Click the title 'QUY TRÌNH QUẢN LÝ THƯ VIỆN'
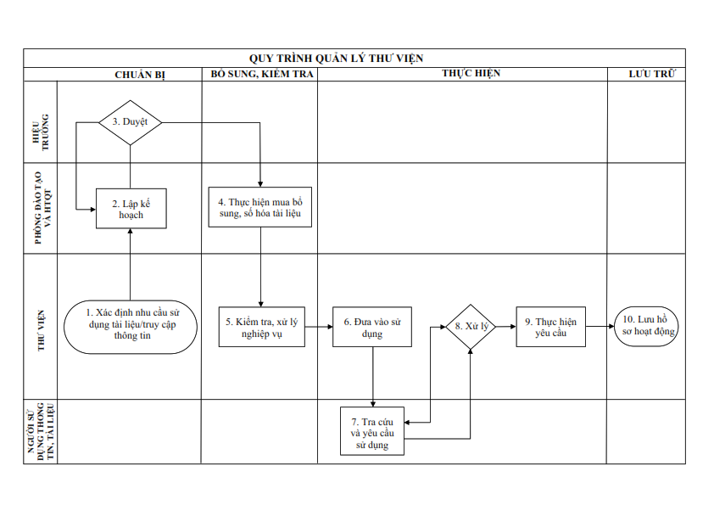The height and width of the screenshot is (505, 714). [336, 59]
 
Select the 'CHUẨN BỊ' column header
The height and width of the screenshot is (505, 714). [140, 75]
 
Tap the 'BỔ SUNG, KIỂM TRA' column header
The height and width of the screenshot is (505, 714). [262, 74]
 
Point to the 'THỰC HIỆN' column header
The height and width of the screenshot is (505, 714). [471, 73]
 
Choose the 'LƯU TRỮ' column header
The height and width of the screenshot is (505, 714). [652, 74]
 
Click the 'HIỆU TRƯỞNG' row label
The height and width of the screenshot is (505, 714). [41, 132]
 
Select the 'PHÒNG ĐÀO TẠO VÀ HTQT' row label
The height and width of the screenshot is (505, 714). [44, 208]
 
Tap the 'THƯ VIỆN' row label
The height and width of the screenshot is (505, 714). [41, 330]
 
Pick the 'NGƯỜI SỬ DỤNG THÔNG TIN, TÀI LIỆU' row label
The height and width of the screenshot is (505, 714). [41, 431]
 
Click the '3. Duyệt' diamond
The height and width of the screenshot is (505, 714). [131, 122]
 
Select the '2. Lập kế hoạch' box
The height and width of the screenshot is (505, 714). [131, 209]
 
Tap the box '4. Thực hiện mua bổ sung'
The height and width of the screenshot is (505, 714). [260, 207]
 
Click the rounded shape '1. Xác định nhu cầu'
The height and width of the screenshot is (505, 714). [131, 327]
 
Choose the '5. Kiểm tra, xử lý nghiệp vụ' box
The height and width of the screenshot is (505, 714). [262, 327]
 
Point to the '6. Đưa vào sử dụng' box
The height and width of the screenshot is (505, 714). [372, 327]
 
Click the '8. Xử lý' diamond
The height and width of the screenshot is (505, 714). [471, 327]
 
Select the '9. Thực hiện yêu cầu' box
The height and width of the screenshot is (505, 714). [551, 327]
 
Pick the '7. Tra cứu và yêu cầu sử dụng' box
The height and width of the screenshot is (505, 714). [372, 431]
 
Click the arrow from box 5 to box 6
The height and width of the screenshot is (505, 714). [319, 327]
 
